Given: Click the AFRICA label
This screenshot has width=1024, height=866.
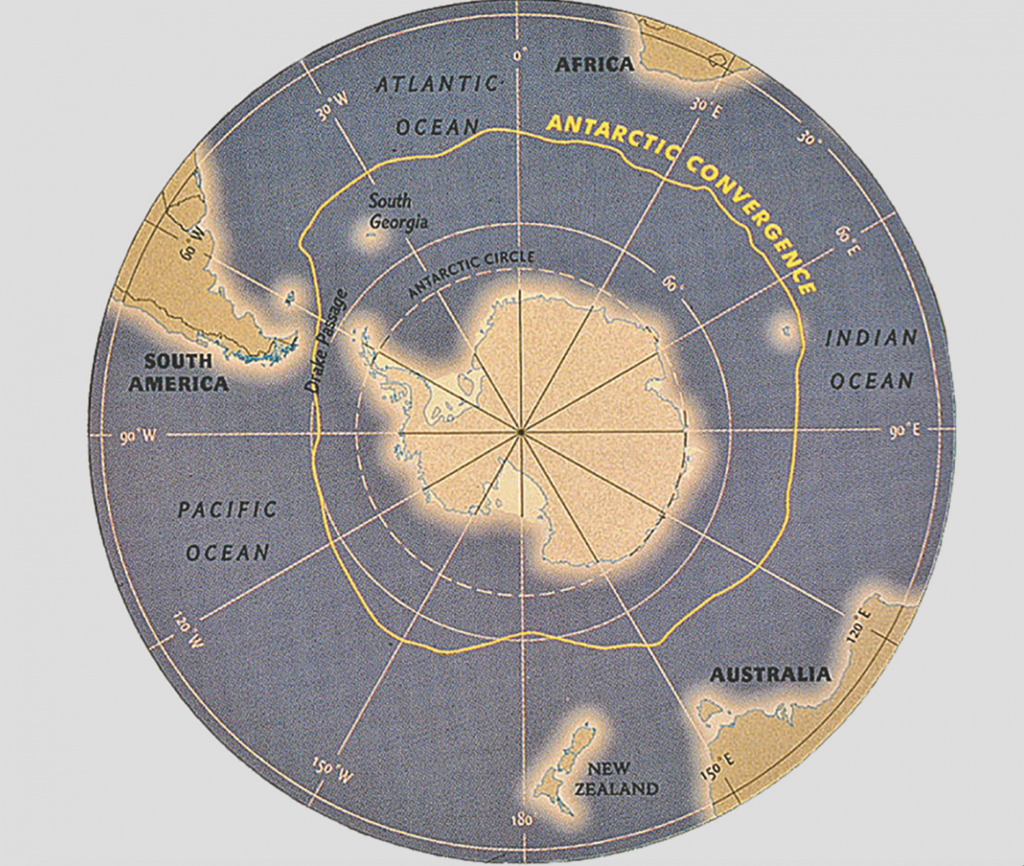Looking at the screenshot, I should coord(595,64).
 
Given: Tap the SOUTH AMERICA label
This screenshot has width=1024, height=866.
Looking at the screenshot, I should coord(178,372).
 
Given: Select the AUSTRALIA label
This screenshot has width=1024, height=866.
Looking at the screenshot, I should coord(770,675).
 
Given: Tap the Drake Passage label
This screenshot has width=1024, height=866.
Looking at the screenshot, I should coord(327,342).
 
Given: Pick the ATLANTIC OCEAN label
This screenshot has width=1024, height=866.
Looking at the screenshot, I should coord(437,105).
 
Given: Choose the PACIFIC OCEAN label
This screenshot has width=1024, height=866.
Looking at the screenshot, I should coord(228,530).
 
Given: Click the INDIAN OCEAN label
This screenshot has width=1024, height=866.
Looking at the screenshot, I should coord(871,360).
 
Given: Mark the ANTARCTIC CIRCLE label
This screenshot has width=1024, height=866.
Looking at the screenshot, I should coord(471,273).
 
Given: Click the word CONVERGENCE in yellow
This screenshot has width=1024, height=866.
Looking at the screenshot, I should coord(750,219).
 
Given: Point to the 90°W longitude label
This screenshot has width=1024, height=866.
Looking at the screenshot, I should coord(137,436).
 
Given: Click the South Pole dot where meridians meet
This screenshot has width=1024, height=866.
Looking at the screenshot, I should coord(520,434).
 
